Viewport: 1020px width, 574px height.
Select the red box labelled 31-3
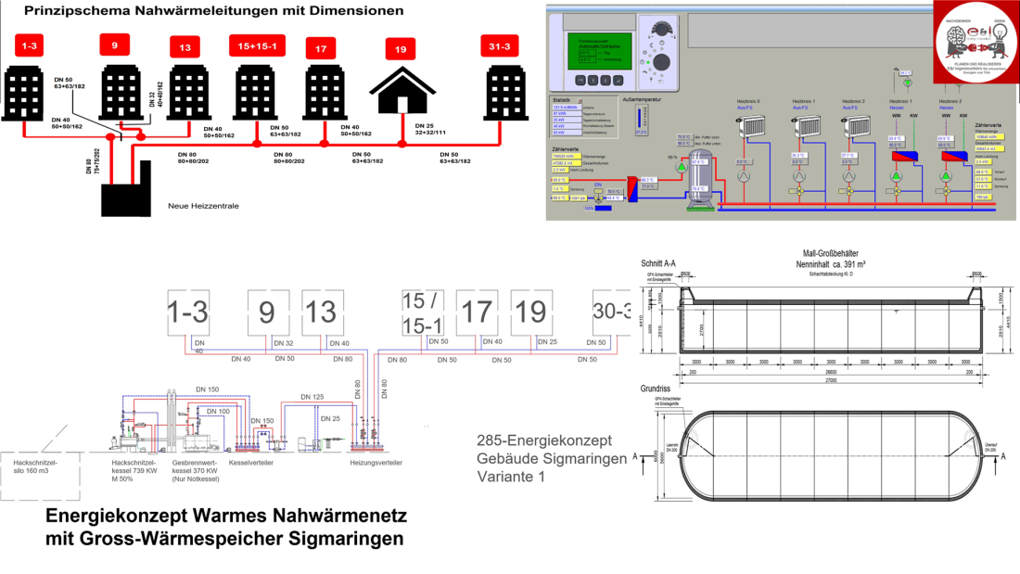click(x=504, y=47)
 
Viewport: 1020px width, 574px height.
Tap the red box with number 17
click(x=320, y=49)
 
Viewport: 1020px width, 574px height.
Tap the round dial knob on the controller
click(x=662, y=61)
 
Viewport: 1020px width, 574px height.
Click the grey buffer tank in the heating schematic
click(x=697, y=172)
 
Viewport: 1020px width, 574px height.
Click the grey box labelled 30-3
click(x=613, y=312)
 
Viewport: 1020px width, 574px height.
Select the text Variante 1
click(x=510, y=477)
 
